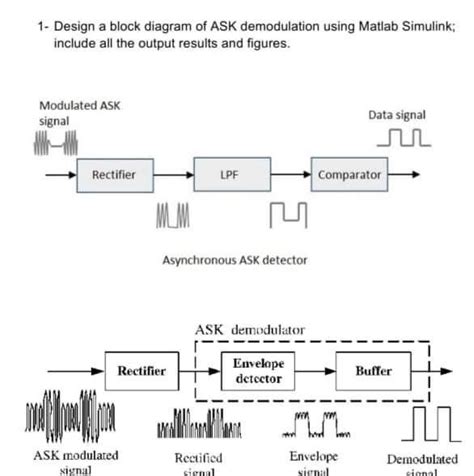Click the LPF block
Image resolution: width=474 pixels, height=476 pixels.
(228, 175)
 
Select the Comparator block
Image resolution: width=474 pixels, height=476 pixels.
(349, 175)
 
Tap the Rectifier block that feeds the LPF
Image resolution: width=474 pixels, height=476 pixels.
(113, 175)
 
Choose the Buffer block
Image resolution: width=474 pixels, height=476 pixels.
(373, 371)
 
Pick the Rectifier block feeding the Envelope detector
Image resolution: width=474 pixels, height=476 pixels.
(142, 371)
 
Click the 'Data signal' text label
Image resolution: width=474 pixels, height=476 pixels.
(397, 116)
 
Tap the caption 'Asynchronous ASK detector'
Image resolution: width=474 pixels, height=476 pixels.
(235, 260)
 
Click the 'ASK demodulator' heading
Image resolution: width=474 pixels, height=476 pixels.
(250, 329)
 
